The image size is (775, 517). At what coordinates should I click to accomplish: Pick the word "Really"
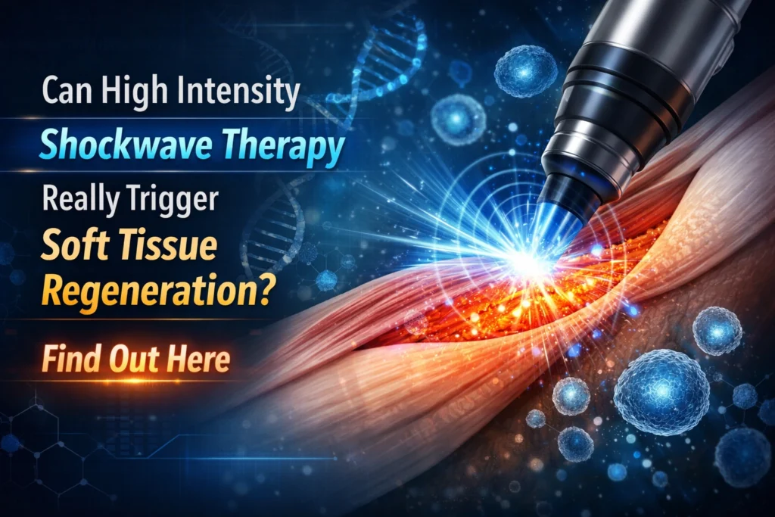[80, 199]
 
